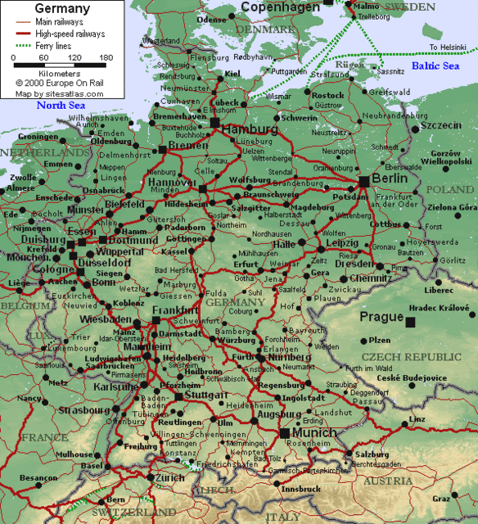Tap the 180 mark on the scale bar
point(106,58)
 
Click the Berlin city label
point(389,178)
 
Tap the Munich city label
point(314,432)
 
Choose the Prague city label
point(381,317)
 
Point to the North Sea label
point(61,105)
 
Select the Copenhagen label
point(280,7)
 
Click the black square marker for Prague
point(410,323)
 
